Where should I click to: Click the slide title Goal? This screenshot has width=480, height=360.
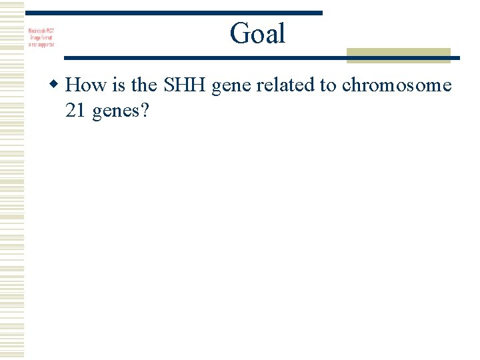[x=257, y=33]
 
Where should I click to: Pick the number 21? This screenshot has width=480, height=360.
[x=75, y=111]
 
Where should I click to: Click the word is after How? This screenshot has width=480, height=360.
[x=113, y=85]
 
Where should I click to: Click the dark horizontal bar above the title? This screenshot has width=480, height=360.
[x=173, y=13]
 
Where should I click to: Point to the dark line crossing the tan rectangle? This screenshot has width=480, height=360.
[x=399, y=58]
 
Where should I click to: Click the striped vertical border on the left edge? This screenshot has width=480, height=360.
[x=12, y=180]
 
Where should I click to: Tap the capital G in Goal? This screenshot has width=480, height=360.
[x=239, y=33]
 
